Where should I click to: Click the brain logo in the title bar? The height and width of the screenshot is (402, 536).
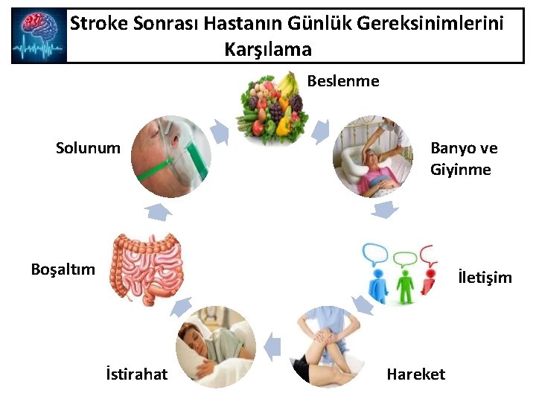pos(39,36)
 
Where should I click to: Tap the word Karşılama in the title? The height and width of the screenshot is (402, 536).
pos(267,50)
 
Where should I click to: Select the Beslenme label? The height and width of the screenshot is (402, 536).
pos(343,80)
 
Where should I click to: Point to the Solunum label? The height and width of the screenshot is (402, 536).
pos(88,147)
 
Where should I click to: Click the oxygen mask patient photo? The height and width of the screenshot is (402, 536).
pos(171,157)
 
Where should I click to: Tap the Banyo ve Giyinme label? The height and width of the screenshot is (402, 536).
pos(463,159)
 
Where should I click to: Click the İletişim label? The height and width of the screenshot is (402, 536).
pos(485,278)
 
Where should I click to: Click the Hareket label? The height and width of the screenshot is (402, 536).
pos(415,374)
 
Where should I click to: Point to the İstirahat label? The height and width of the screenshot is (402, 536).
pos(137,374)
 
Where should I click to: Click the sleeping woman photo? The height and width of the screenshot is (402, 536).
pos(215,346)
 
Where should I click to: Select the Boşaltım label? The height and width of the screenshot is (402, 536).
pos(63,269)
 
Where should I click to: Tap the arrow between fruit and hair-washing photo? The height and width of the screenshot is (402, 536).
pos(320,131)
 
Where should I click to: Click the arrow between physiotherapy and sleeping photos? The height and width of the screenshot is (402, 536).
pos(272,345)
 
